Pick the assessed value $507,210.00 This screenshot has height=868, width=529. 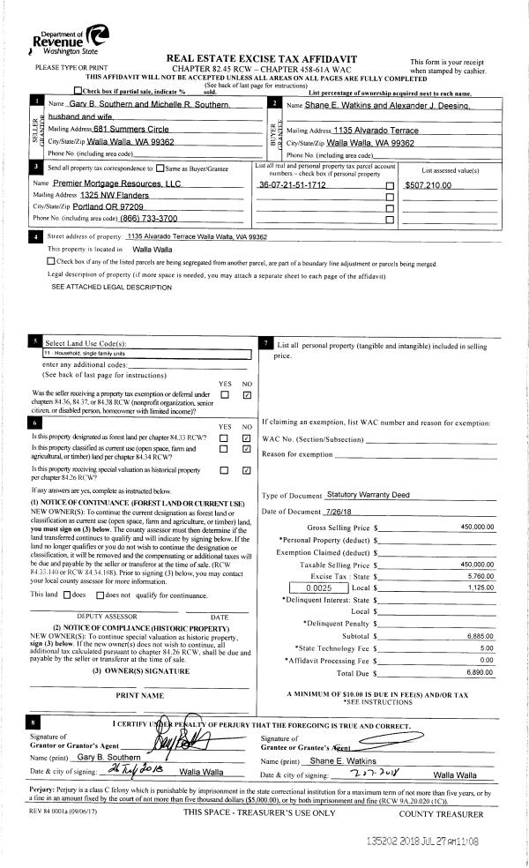pyautogui.click(x=428, y=185)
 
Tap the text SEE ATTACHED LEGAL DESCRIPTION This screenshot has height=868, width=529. pyautogui.click(x=111, y=288)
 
